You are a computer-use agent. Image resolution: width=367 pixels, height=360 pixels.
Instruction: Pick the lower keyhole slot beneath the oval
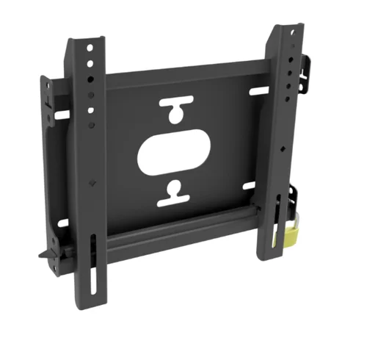point(174,192)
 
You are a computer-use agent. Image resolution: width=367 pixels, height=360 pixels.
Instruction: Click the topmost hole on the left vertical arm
point(90,48)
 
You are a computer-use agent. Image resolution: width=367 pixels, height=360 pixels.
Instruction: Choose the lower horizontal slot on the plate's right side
point(248,184)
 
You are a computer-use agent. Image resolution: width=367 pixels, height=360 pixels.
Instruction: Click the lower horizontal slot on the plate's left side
point(63,223)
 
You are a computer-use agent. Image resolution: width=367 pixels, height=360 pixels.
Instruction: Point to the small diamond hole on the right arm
point(282,151)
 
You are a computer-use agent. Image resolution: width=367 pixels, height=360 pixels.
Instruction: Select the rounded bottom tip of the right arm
point(268,255)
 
